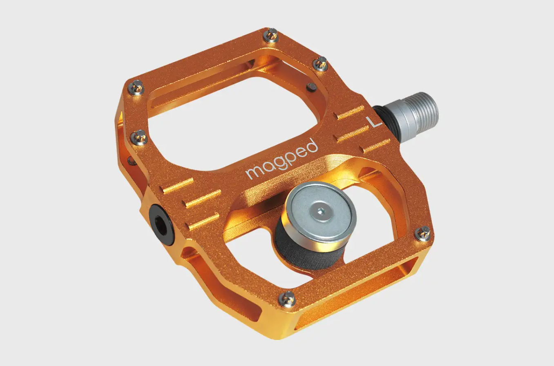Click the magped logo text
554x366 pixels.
[x=282, y=159]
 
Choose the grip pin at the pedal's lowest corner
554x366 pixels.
[x=288, y=297]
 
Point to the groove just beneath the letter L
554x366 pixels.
[x=376, y=146]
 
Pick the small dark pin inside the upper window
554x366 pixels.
[x=312, y=87]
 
